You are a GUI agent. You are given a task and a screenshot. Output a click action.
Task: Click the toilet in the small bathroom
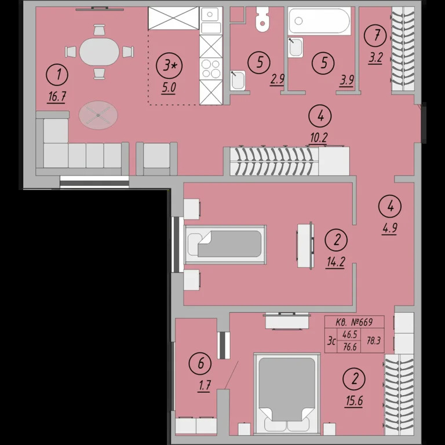coord(262,19)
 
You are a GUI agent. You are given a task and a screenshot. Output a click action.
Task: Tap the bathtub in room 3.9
coord(319,21)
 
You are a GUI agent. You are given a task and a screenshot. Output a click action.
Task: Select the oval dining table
coord(99,52)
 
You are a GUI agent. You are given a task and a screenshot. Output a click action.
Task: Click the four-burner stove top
coord(211,69)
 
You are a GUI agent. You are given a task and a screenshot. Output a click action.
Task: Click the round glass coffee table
coord(98,115)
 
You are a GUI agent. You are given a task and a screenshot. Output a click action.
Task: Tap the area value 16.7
coord(57,97)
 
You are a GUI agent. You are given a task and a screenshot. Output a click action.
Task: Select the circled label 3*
coord(169,66)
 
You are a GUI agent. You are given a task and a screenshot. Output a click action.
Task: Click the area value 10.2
coord(319,138)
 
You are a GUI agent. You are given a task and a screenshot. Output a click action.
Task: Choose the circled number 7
coord(375,36)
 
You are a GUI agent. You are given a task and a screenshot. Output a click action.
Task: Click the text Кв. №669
coord(354,322)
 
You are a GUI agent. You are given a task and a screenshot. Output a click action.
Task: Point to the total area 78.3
coord(373,340)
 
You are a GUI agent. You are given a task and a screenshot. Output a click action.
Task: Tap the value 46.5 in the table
coord(349,334)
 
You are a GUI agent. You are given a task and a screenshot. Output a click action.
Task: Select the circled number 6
coord(200,363)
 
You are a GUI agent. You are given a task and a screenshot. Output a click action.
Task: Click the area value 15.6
coord(354,401)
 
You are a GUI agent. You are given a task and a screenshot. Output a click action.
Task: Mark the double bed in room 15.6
coord(287,394)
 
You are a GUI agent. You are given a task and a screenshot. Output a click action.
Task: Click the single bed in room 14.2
coord(225,245)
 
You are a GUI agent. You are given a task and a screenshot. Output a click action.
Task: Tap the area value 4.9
coord(389,228)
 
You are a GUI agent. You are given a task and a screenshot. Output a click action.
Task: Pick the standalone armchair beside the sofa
coord(156,159)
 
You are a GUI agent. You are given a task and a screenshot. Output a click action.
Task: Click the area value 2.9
coord(277,79)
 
